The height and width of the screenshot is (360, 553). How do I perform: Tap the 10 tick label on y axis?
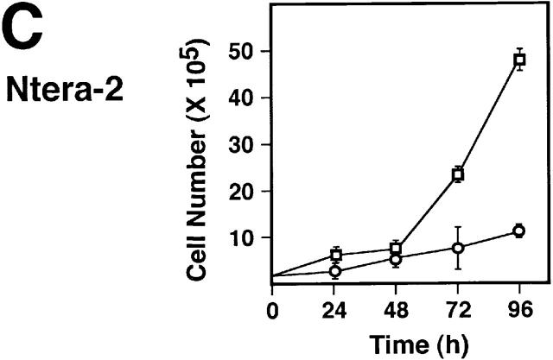tap(247, 237)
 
